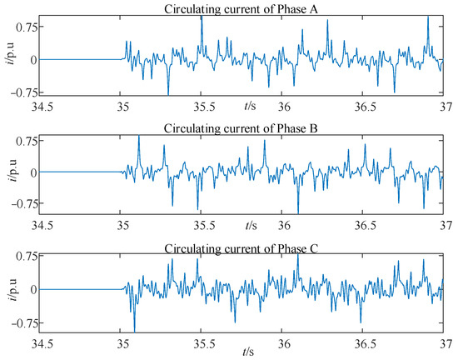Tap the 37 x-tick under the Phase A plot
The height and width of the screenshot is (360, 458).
tap(441, 107)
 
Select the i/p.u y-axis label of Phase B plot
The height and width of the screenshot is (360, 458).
tap(9, 171)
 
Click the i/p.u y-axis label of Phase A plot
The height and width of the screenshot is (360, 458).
tap(9, 58)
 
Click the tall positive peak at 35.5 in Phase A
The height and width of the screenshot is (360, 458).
tap(202, 17)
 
